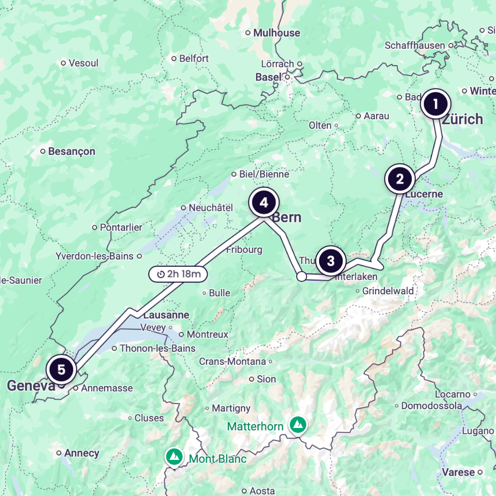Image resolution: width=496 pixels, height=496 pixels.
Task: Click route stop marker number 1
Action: click(436, 104)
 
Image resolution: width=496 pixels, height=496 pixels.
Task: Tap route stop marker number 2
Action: click(400, 179)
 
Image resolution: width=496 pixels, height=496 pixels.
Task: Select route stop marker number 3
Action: click(331, 261)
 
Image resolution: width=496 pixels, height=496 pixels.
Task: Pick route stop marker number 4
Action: click(264, 203)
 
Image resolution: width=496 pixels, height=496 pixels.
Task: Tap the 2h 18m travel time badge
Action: click(178, 274)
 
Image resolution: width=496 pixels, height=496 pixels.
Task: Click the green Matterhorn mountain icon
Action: click(298, 425)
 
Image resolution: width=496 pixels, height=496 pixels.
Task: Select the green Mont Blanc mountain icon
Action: click(174, 456)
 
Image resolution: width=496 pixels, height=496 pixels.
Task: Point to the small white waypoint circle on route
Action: click(301, 276)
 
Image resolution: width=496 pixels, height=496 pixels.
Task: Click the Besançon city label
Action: click(72, 152)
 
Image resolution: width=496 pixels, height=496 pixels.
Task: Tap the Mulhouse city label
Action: click(277, 33)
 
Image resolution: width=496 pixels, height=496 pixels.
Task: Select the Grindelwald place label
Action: click(388, 291)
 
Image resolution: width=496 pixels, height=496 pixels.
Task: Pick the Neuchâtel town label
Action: click(211, 208)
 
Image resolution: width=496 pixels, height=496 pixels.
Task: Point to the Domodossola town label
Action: click(431, 406)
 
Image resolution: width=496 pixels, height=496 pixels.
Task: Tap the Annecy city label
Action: click(81, 453)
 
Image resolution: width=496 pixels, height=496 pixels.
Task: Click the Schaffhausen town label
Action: click(415, 45)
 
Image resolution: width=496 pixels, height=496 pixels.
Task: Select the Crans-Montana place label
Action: click(233, 361)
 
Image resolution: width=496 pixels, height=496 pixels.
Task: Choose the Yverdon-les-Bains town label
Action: click(94, 256)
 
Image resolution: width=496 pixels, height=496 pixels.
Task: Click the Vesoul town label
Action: click(83, 63)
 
